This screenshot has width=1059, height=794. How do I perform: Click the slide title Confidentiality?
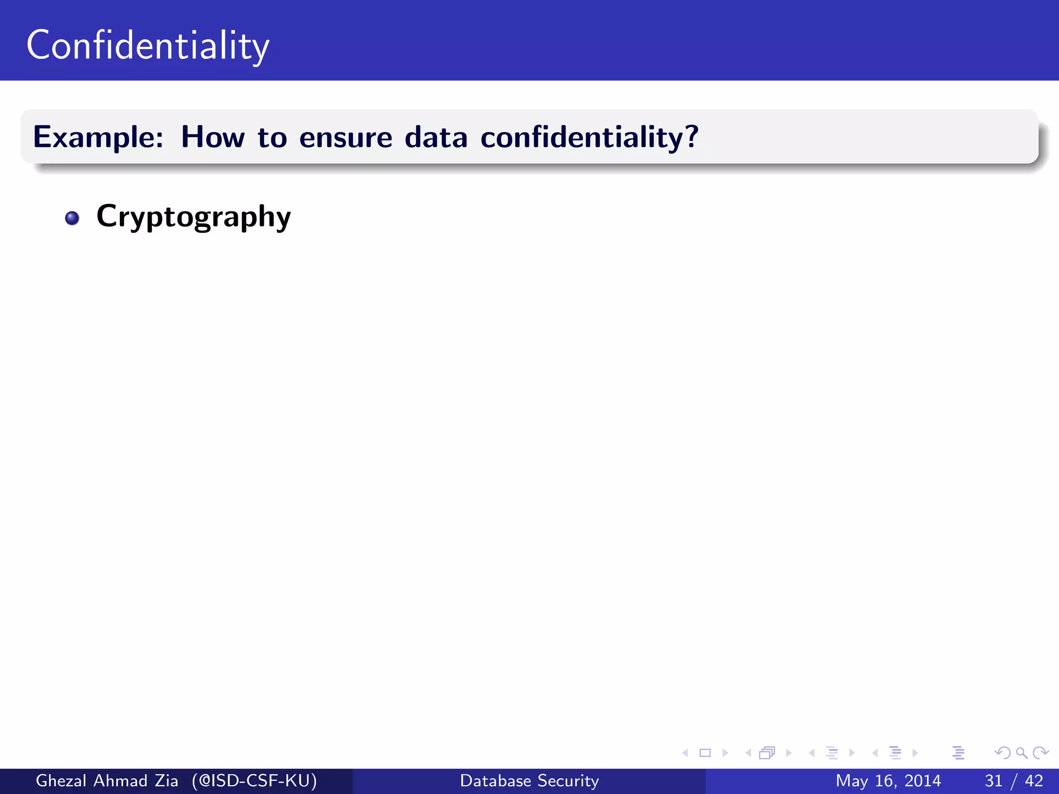click(148, 45)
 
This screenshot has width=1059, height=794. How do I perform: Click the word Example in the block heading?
click(98, 138)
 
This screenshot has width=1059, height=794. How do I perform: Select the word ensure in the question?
click(345, 138)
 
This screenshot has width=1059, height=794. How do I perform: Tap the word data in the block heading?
click(436, 138)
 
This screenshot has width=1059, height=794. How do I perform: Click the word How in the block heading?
click(213, 138)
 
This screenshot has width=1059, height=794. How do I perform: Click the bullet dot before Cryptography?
click(72, 218)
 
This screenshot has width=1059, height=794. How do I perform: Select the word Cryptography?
click(193, 217)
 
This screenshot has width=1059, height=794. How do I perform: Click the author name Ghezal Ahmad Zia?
click(107, 781)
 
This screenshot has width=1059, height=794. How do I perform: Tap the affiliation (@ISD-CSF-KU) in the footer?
click(254, 781)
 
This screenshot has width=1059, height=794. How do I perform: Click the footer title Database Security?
click(529, 781)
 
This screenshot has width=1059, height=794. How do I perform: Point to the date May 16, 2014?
click(888, 781)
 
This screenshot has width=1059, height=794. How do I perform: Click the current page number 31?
click(993, 781)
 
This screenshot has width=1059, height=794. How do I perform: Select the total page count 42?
click(1034, 781)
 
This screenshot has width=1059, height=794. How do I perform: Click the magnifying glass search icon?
click(1021, 753)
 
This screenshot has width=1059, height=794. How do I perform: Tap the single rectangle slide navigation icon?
click(705, 753)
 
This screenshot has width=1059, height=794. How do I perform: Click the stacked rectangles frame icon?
click(767, 753)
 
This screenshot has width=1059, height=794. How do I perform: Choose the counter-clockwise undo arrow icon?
click(1003, 753)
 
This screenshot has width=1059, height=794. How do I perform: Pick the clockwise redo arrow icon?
click(1040, 753)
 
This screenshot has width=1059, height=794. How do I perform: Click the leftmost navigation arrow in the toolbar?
click(685, 753)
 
